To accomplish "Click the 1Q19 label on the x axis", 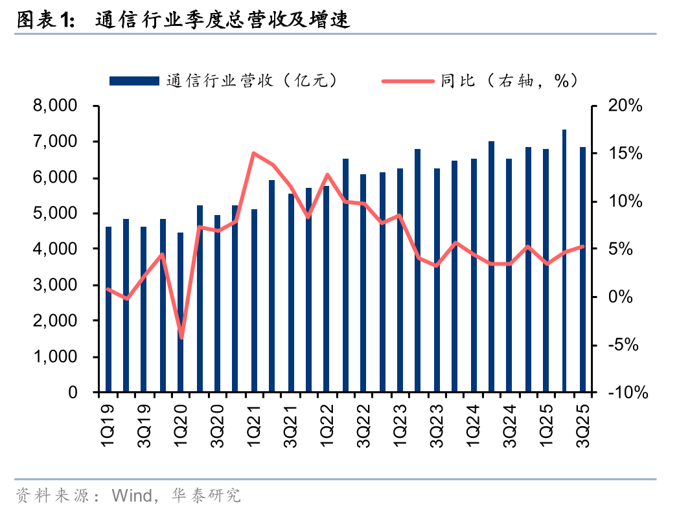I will coord(109,424).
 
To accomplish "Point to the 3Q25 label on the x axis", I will coord(583,424).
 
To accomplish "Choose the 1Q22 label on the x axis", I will coord(328,424).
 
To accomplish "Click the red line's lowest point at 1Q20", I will coord(181,337).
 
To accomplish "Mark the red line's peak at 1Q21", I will coord(254,154).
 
